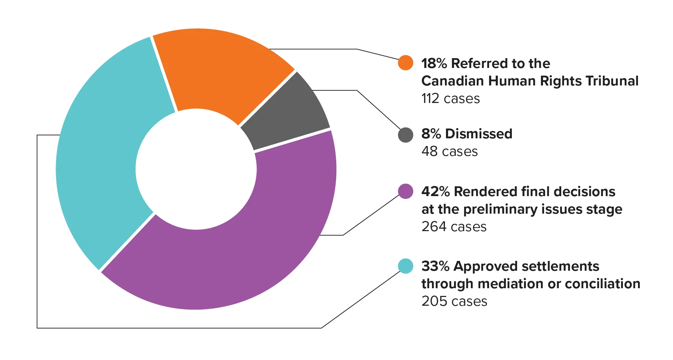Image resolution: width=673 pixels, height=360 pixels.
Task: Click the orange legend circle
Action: (405, 63)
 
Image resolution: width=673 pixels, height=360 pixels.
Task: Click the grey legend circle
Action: (405, 135)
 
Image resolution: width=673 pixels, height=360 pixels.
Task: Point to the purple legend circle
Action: (405, 191)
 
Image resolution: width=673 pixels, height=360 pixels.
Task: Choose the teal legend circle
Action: (405, 266)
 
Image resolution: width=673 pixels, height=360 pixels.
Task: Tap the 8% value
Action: (431, 134)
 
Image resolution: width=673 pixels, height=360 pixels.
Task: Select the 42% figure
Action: (435, 192)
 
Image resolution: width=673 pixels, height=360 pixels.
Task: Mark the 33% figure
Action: (435, 266)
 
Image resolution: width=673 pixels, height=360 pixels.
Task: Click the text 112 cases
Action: (450, 99)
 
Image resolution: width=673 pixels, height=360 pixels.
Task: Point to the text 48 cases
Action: (449, 152)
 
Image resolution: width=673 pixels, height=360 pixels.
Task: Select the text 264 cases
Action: (454, 227)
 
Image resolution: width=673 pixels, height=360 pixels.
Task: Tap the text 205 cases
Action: (454, 302)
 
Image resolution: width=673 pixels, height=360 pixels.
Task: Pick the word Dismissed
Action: (479, 134)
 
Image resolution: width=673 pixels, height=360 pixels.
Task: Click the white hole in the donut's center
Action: (196, 169)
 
